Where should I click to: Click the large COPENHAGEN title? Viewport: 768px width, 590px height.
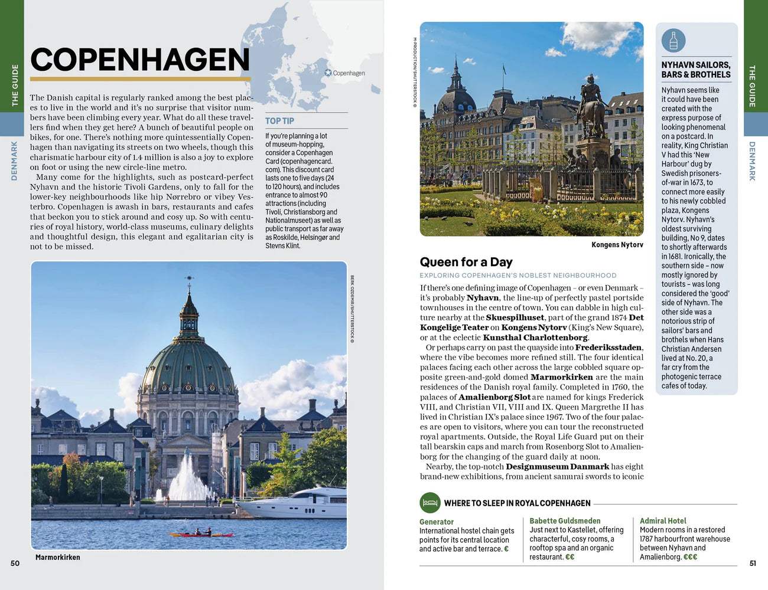coord(140,60)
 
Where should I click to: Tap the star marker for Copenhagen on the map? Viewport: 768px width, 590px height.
coord(328,73)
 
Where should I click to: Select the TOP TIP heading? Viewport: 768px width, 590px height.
coord(279,121)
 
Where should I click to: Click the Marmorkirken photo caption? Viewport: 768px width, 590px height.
coord(57,557)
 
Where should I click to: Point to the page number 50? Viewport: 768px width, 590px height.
coord(15,563)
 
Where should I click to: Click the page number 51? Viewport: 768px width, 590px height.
coord(753,563)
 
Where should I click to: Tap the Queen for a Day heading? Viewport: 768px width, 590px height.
coord(466,262)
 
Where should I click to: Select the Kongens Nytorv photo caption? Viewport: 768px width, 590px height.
coord(617,245)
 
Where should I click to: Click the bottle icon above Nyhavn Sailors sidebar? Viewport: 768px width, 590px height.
coord(673,41)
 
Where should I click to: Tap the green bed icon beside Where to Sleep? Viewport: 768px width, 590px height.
coord(430,503)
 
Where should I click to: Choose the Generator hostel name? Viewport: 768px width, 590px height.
coord(437,522)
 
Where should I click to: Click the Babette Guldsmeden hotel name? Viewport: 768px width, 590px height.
coord(565,521)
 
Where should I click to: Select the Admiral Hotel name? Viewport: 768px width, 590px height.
coord(663,521)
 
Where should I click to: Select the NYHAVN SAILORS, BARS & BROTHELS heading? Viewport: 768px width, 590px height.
coord(695,70)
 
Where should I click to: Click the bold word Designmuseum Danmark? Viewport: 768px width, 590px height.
coord(549,467)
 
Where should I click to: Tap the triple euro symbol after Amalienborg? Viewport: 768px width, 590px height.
coord(690,556)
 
